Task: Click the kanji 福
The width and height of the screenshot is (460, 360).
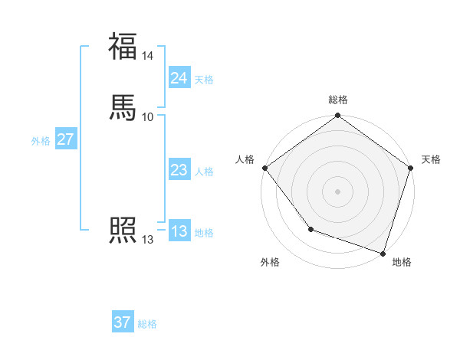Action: click(x=123, y=46)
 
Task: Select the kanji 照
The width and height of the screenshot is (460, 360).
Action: click(x=123, y=229)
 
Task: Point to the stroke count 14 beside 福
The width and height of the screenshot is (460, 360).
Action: click(x=148, y=57)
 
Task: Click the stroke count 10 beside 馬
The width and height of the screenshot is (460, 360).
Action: click(x=148, y=116)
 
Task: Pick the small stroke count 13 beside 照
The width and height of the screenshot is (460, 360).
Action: click(x=148, y=240)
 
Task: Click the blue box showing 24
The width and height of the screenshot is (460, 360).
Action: click(x=179, y=78)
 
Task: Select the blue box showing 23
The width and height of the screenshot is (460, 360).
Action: click(x=179, y=171)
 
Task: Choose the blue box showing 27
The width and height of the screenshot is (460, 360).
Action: click(x=65, y=139)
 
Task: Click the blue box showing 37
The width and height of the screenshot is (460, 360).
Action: click(x=122, y=322)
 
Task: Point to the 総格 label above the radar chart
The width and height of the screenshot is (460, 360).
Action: click(x=337, y=100)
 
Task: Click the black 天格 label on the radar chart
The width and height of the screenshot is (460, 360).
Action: click(x=431, y=159)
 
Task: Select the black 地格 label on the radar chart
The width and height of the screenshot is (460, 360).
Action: click(x=402, y=262)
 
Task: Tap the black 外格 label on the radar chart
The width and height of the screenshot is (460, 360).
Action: click(x=270, y=262)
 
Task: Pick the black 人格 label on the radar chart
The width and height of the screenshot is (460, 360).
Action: click(x=245, y=159)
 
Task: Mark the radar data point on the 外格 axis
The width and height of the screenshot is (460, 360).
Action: click(x=310, y=229)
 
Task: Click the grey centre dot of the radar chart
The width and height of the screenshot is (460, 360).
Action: click(x=337, y=191)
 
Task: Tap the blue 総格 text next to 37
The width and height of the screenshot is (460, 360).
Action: click(x=147, y=324)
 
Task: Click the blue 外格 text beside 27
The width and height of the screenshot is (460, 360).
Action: click(x=41, y=141)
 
